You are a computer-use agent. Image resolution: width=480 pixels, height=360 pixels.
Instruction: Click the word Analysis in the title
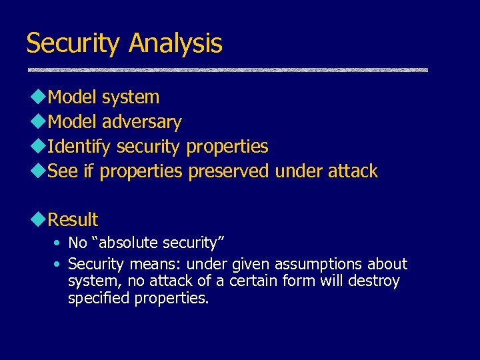176,44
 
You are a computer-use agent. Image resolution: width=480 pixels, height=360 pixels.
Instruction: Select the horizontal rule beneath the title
227,69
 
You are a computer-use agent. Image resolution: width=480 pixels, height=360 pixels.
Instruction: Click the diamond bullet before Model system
37,97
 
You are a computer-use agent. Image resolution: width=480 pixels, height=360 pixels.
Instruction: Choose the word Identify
79,146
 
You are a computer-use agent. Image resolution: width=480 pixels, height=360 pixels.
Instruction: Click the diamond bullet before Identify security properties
37,147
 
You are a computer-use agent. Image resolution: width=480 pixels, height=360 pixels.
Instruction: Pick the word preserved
229,171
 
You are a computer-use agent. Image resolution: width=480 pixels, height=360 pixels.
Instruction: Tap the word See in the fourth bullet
63,171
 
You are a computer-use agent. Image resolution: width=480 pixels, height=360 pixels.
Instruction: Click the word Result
73,219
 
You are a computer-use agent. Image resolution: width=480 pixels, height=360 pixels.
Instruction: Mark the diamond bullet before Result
37,220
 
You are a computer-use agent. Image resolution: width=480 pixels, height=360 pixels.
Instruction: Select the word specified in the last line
99,299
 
